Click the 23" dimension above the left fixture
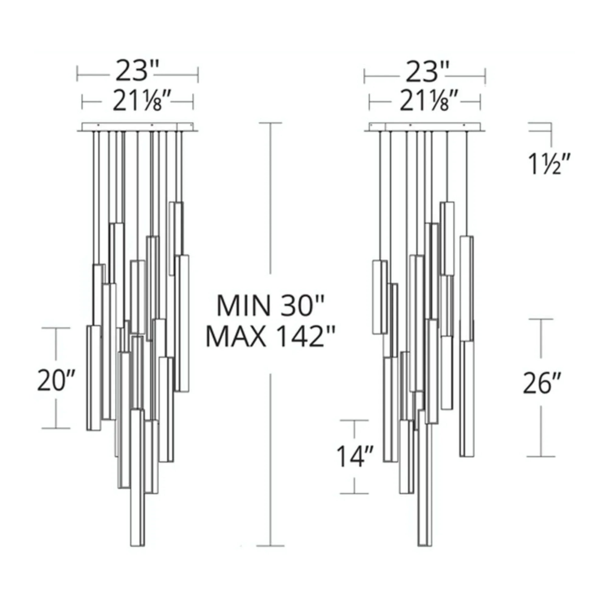pos(135,71)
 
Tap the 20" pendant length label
pos(56,381)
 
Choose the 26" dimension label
pos(542,383)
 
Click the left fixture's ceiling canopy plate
pos(137,127)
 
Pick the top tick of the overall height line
pos(270,123)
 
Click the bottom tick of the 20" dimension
pos(56,428)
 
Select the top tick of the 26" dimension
pos(541,319)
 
